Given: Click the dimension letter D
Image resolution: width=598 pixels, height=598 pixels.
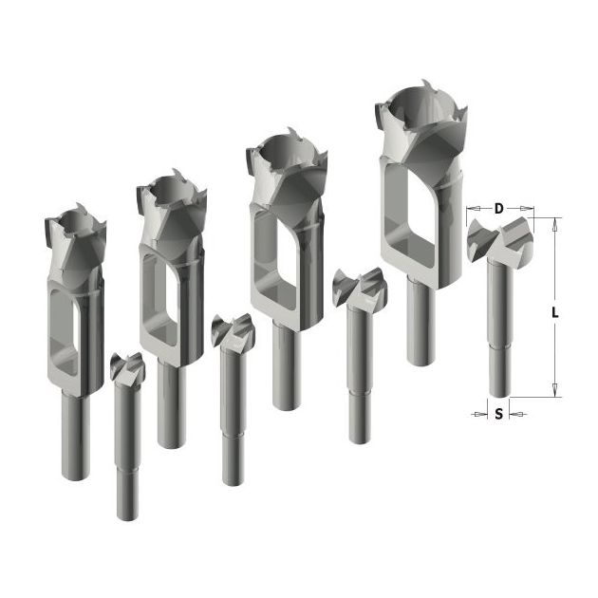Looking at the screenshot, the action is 499,209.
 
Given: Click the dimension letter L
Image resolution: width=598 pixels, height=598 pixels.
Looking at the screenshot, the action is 555,313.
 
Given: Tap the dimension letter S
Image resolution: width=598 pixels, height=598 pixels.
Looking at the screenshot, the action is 499,414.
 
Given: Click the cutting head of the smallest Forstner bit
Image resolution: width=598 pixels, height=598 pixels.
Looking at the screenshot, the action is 127,367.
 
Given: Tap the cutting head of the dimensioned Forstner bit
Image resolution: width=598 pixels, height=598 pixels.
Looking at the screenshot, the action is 499,239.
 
